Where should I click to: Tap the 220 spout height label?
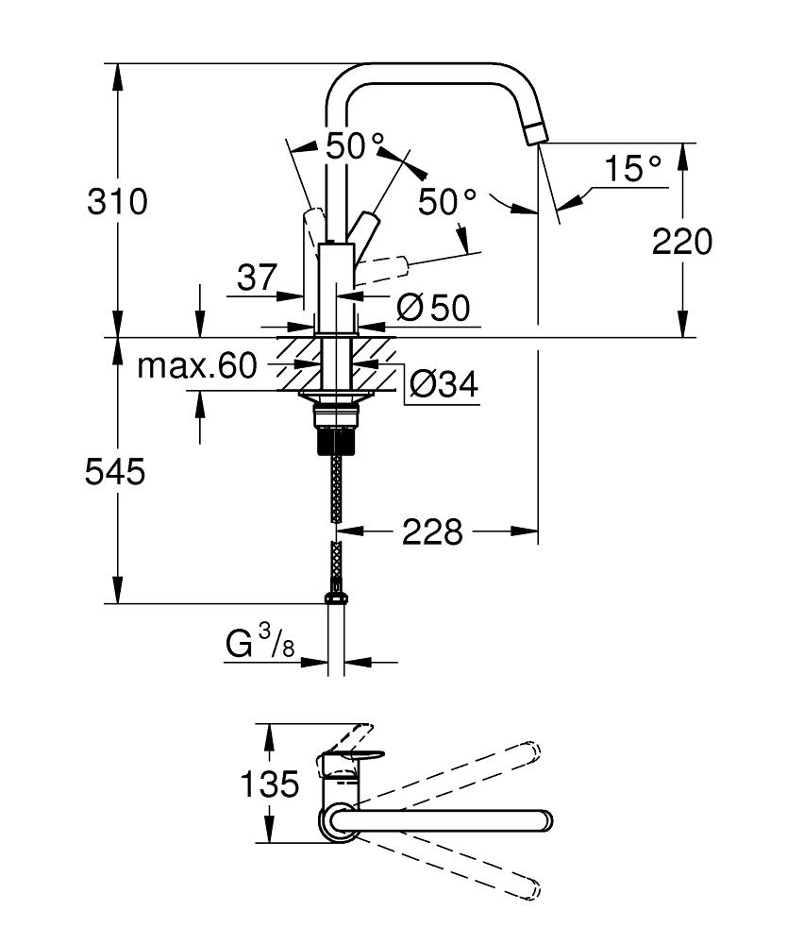click(681, 242)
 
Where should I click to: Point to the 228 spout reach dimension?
click(433, 532)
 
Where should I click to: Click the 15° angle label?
click(633, 170)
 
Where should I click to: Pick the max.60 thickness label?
click(196, 366)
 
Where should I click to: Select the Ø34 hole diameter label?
click(444, 384)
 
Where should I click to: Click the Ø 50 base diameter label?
click(433, 307)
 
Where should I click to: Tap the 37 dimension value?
click(256, 278)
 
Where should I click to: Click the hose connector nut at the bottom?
click(334, 597)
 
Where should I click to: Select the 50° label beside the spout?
click(447, 201)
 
